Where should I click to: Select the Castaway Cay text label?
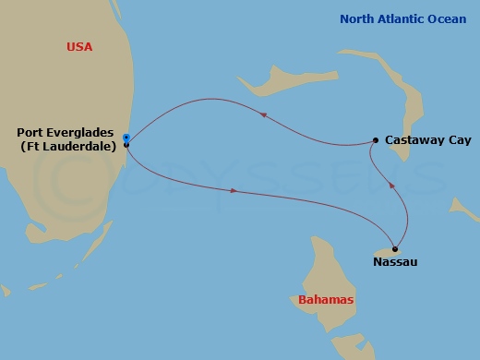coord(426,140)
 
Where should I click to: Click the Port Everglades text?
coord(67,132)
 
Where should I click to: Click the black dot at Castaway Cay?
coord(375,140)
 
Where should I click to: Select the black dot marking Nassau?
coord(395,248)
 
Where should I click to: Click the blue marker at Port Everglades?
coord(126,138)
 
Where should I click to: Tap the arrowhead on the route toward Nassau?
coord(234,191)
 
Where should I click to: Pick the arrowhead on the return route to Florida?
coord(264,115)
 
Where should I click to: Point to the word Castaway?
coord(414,140)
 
